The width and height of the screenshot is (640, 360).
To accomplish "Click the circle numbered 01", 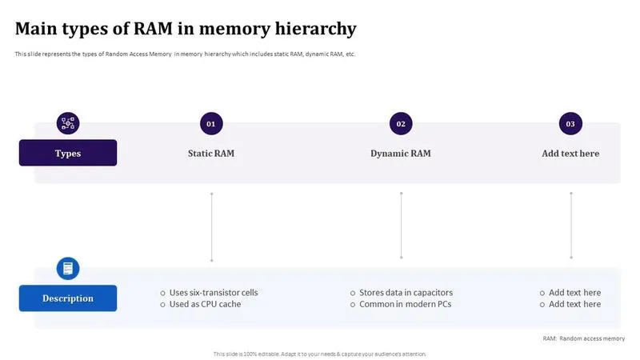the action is [x=211, y=124].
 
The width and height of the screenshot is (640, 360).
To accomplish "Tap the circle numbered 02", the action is [x=401, y=124].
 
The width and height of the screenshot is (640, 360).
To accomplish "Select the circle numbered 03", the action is [x=570, y=124].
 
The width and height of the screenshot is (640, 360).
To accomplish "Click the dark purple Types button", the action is [x=68, y=153].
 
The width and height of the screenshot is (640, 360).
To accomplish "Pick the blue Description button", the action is [x=68, y=298].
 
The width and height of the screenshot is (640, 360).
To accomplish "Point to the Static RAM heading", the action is [x=211, y=154].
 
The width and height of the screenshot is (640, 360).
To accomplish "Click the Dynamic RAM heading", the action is [x=401, y=154].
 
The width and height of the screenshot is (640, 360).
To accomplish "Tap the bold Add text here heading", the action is [x=570, y=154].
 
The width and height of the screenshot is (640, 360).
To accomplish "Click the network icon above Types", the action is [x=68, y=123].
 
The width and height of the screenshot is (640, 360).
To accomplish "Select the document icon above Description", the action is [x=68, y=269].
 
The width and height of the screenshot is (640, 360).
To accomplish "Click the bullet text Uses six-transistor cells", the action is [x=214, y=293].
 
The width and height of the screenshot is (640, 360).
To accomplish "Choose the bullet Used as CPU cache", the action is [x=205, y=304].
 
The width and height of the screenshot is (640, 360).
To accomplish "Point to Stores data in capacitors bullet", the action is [x=406, y=293].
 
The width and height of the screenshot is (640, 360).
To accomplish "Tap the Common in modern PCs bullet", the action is [x=406, y=304].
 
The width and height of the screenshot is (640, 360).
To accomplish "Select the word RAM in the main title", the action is [x=153, y=29].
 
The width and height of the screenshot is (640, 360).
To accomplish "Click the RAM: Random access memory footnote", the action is [x=584, y=338].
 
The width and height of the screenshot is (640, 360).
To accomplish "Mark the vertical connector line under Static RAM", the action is [x=211, y=227].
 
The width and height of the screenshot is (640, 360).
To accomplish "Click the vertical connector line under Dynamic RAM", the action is [x=402, y=226].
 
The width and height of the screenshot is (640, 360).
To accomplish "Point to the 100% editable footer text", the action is [x=319, y=354].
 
